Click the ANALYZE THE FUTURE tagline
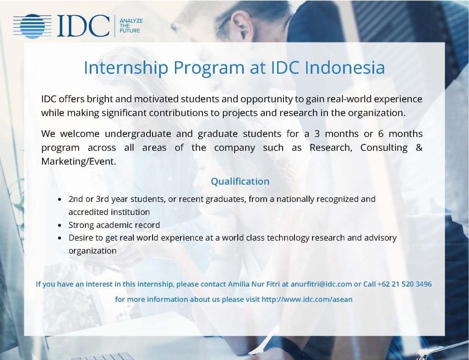(131, 26)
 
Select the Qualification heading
(240, 181)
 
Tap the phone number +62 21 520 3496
(404, 284)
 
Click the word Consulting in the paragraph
(384, 147)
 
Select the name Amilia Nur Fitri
(254, 284)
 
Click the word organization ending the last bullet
(93, 251)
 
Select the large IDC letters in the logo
(83, 26)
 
